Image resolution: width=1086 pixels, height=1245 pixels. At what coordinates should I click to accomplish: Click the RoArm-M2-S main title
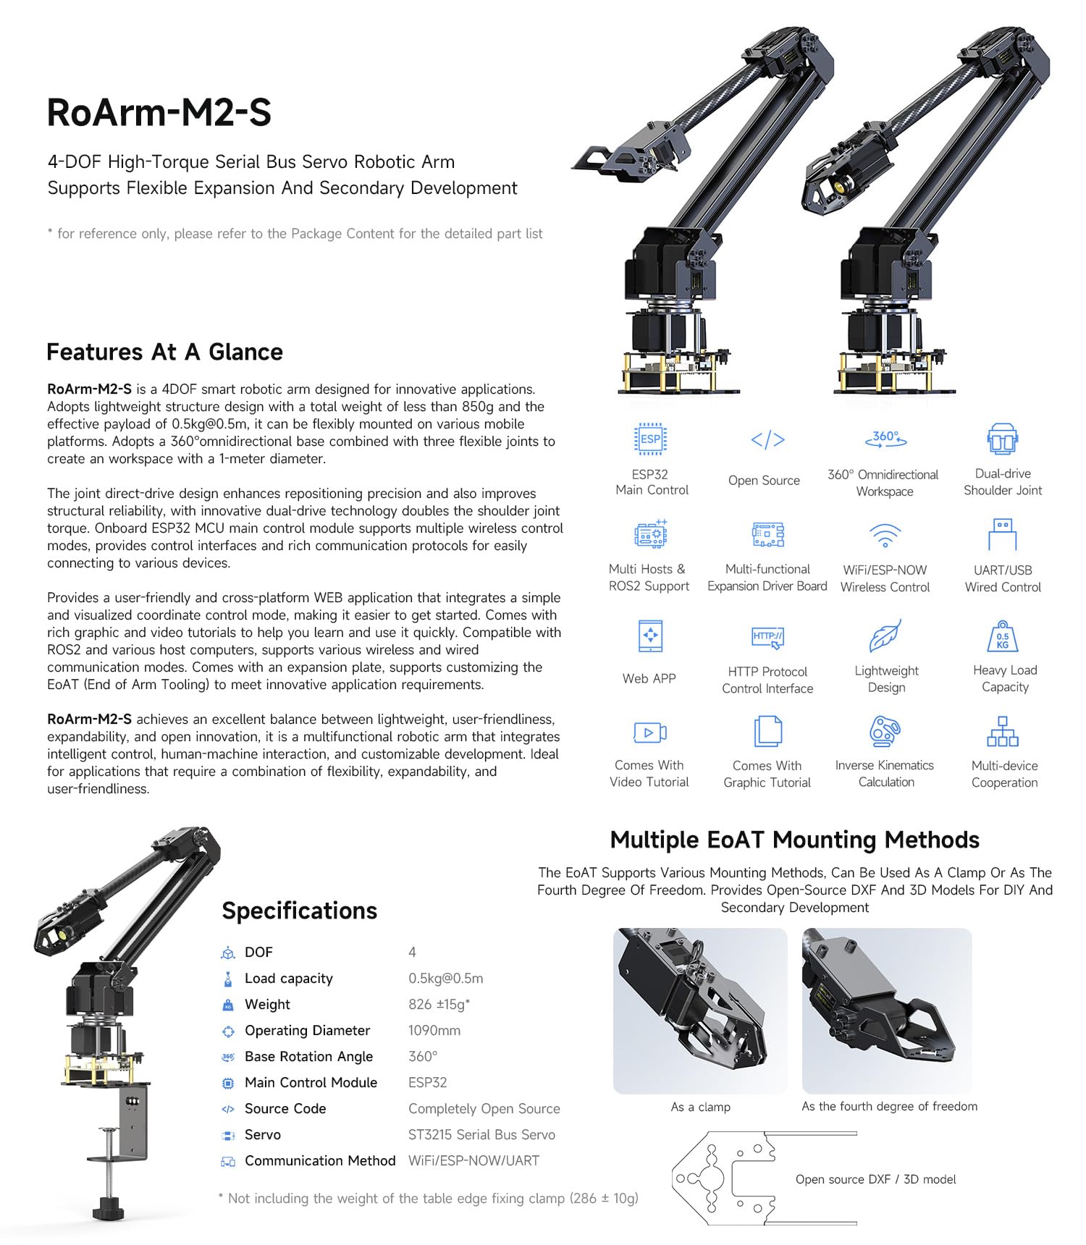click(159, 113)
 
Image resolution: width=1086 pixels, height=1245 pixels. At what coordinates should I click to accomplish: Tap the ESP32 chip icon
click(649, 439)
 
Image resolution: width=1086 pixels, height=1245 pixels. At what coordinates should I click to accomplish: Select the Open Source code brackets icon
click(767, 439)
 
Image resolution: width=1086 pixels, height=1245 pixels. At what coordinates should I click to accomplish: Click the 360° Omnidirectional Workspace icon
click(885, 438)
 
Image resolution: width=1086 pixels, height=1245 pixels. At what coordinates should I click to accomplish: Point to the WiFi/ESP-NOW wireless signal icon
click(885, 536)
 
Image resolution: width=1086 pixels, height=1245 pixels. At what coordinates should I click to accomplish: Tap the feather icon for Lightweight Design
click(885, 636)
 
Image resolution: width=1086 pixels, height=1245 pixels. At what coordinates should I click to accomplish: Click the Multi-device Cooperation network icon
click(1003, 731)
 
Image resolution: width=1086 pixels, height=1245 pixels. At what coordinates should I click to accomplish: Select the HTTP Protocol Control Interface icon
click(767, 637)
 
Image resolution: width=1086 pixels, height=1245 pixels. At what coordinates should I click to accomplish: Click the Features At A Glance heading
click(164, 352)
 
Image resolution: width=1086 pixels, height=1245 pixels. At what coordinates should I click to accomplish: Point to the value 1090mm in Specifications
click(434, 1030)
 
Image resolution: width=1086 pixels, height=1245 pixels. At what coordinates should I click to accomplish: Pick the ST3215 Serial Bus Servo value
click(481, 1134)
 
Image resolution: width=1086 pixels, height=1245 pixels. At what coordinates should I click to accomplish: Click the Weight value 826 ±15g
click(439, 1004)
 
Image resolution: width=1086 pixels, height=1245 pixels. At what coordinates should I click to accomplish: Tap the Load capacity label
click(288, 978)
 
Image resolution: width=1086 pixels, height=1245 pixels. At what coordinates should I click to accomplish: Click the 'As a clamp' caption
click(700, 1107)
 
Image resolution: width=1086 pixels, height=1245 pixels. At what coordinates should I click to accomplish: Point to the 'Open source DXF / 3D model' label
click(875, 1179)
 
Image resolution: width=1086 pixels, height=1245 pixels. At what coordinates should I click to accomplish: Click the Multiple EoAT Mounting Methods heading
click(794, 840)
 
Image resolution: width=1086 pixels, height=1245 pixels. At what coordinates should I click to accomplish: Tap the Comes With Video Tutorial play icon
click(649, 733)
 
